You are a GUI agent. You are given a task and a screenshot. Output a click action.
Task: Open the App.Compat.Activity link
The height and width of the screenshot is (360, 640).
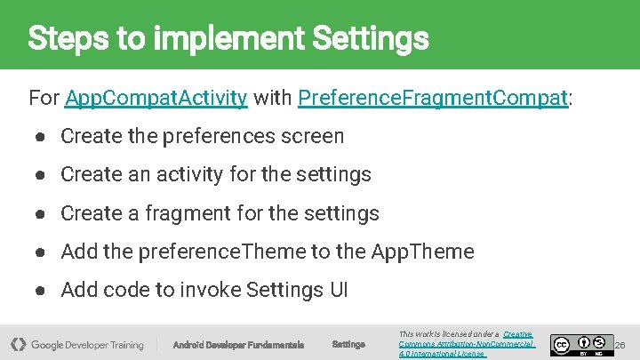pos(156,98)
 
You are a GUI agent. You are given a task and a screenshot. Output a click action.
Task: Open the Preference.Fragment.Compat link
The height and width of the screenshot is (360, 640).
pos(433,98)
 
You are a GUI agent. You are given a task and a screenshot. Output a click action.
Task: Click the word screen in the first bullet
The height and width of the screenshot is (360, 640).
pos(311,136)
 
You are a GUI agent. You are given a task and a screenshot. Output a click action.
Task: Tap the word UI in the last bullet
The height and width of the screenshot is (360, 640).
pos(338,290)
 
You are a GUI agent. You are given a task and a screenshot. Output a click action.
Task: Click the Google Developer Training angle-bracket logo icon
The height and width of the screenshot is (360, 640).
pos(18,344)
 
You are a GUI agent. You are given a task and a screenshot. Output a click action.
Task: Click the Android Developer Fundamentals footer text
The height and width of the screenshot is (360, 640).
pos(237,344)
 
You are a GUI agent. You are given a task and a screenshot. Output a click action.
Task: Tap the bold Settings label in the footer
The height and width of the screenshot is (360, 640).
pos(348,344)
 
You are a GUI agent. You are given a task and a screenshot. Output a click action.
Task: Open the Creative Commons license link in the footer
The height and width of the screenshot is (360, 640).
pos(467,344)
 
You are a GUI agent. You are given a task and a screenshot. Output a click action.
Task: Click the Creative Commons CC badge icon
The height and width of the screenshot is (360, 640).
pos(561,344)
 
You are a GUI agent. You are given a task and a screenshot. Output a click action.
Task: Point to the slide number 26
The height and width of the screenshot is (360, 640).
pos(620,344)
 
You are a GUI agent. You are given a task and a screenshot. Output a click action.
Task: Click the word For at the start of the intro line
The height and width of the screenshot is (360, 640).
pos(44,98)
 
